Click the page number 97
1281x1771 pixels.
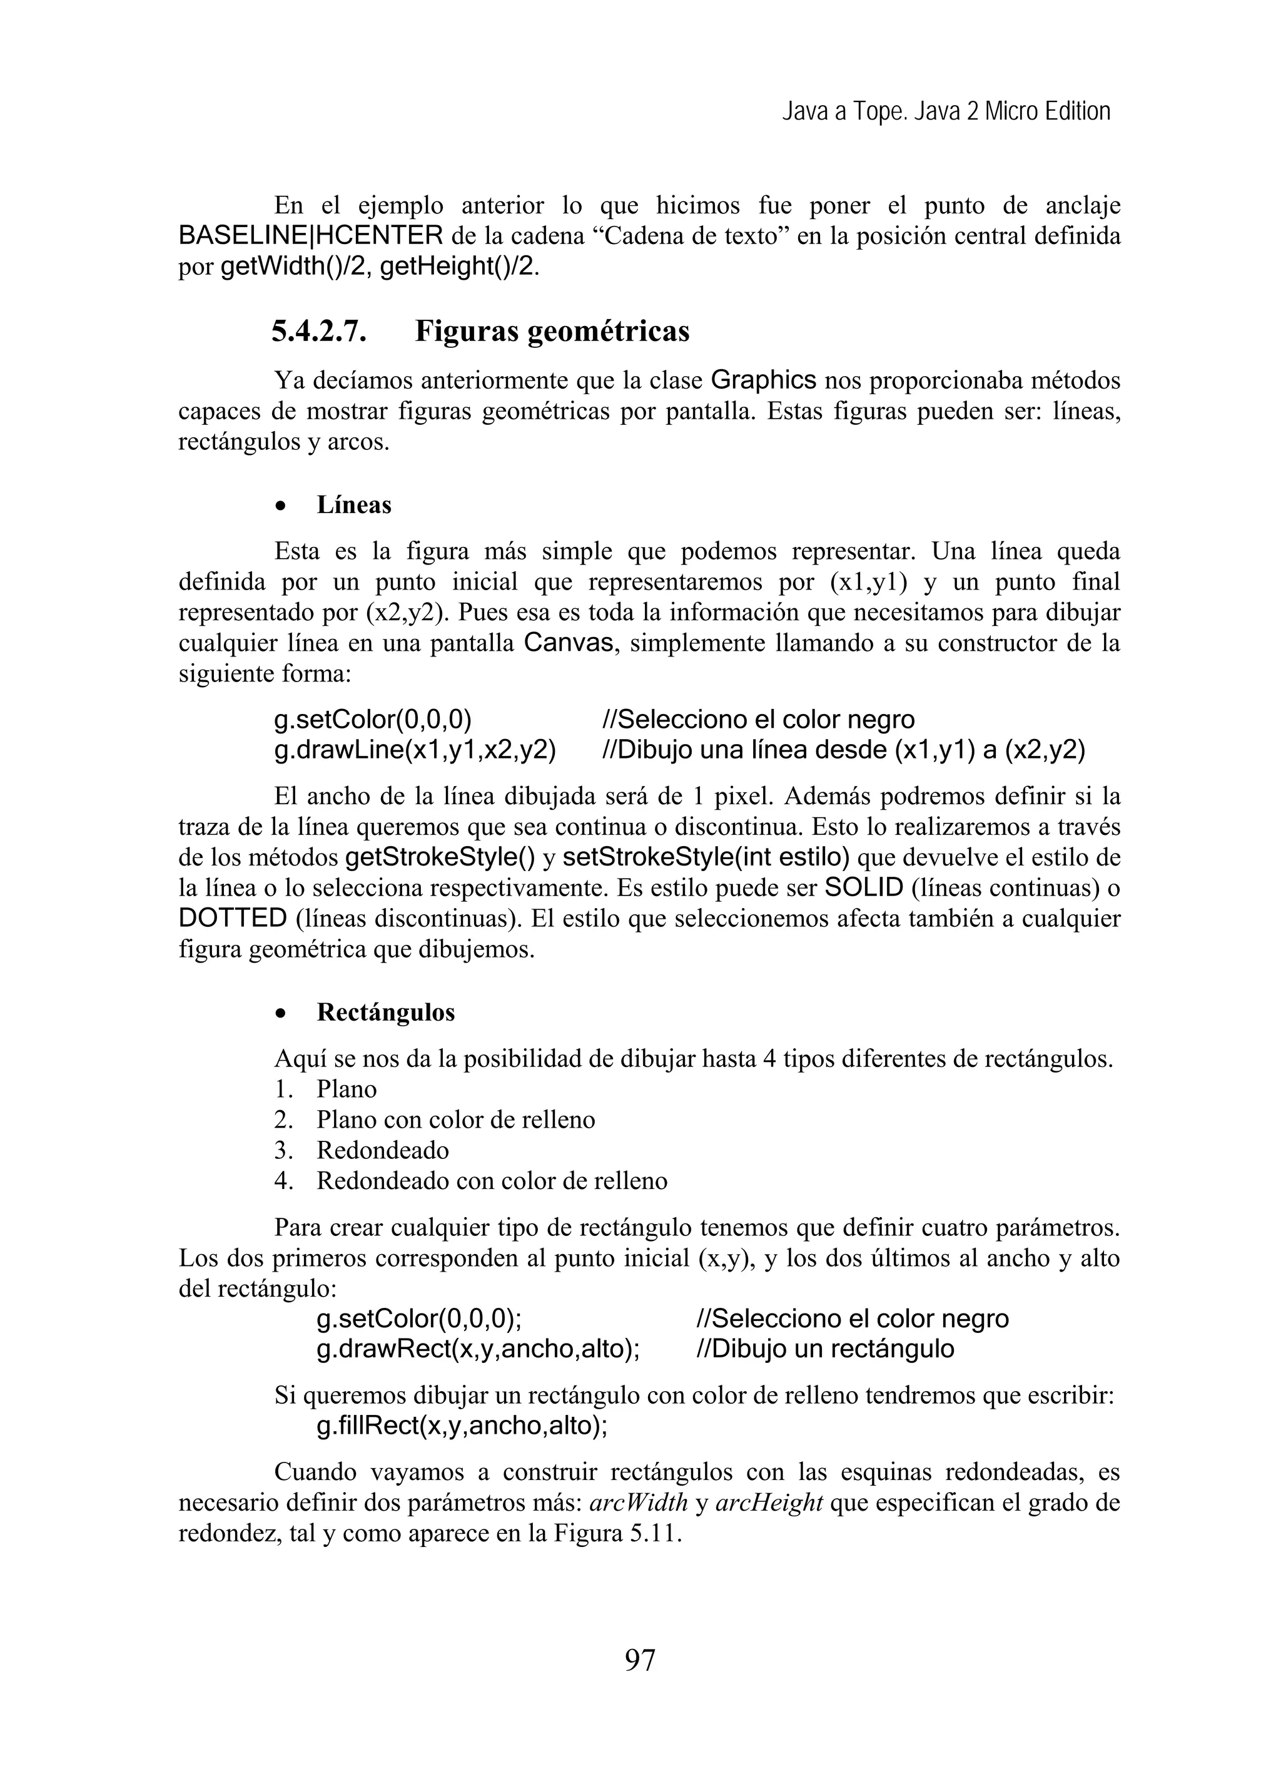click(x=639, y=1660)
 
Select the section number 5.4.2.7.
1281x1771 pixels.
click(x=318, y=332)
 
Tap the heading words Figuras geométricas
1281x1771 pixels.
click(x=552, y=332)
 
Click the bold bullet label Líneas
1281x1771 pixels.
click(x=353, y=505)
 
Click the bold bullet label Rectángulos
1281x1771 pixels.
click(x=386, y=1013)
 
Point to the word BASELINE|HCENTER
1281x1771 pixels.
click(x=311, y=236)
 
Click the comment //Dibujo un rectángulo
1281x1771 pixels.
click(x=824, y=1349)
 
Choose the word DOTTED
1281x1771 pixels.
click(x=233, y=918)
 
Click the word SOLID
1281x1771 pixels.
click(x=863, y=888)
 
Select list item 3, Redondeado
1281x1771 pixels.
click(x=383, y=1150)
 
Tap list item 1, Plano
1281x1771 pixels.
click(x=347, y=1090)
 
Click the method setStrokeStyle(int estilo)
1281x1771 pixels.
click(x=706, y=857)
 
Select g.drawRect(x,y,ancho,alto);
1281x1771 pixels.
click(x=478, y=1349)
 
